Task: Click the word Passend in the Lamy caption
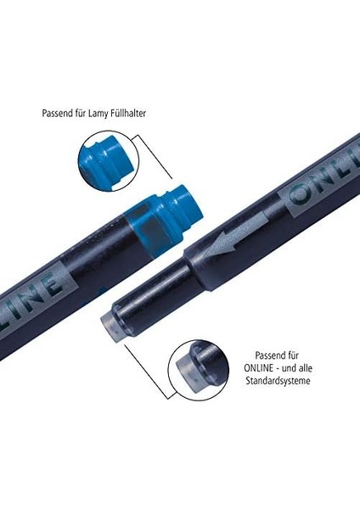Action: coord(57,114)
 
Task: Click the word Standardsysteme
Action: coord(278,381)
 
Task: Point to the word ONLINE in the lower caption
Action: coord(259,368)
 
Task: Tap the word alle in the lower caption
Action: coord(305,368)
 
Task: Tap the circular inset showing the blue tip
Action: coord(109,161)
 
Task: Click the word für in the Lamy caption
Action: coord(81,114)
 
